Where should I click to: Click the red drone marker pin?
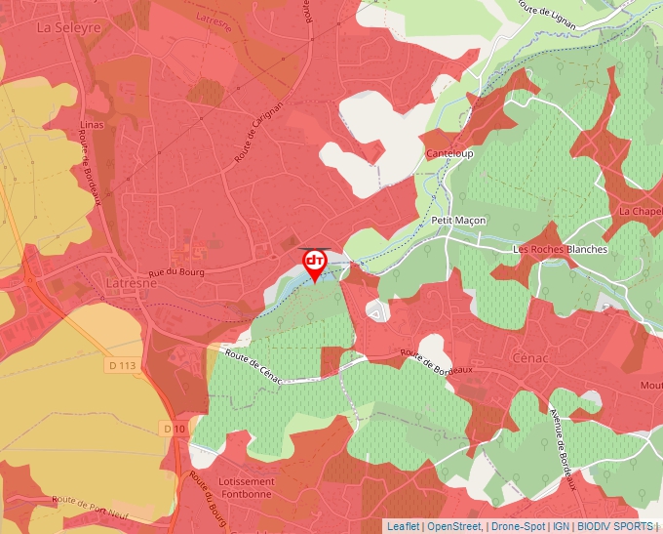[x=315, y=264]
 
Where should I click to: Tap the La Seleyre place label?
[x=68, y=28]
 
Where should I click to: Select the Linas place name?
[x=93, y=126]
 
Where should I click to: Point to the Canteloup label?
[x=449, y=154]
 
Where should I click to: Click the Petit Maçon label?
[x=458, y=221]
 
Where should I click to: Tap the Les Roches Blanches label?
[x=560, y=249]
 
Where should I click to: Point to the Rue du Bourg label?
[x=176, y=272]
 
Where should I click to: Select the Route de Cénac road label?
[x=253, y=366]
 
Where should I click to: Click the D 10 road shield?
[x=174, y=429]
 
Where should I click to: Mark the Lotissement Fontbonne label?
[x=247, y=489]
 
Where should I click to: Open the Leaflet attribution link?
[x=403, y=526]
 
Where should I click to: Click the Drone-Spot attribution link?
[x=518, y=526]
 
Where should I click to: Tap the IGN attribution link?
[x=561, y=526]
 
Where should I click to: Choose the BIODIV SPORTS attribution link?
[x=614, y=526]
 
